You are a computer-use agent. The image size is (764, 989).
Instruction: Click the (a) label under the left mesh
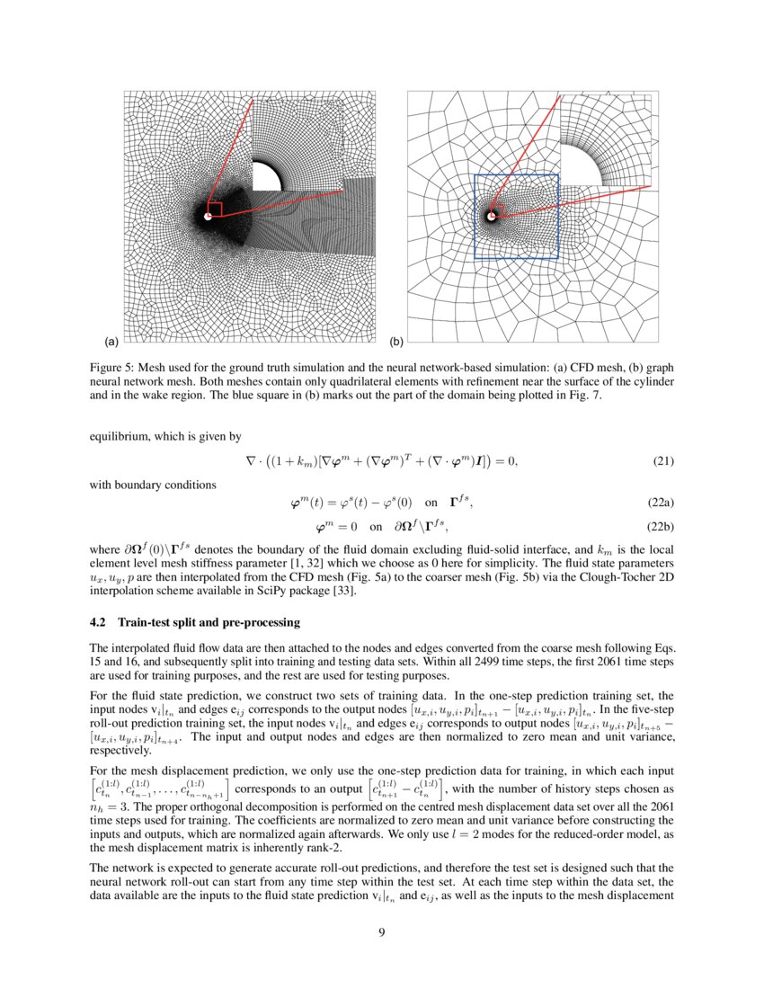pyautogui.click(x=111, y=343)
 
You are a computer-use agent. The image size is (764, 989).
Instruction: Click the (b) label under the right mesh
pyautogui.click(x=396, y=343)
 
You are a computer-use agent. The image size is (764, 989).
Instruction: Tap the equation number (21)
pyautogui.click(x=662, y=461)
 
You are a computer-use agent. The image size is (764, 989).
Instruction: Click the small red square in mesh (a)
pyautogui.click(x=213, y=210)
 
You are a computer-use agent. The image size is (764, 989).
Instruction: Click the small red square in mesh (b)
pyautogui.click(x=499, y=210)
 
